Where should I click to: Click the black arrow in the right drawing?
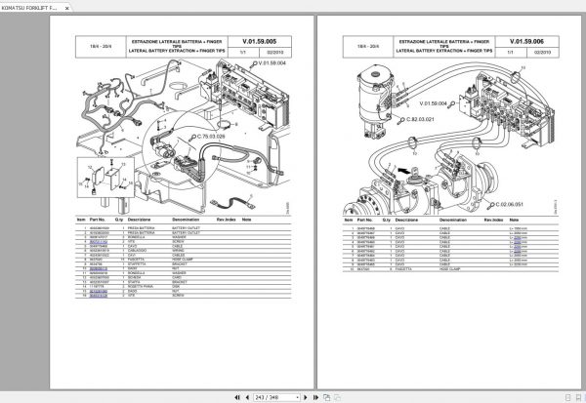pyautogui.click(x=402, y=169)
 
